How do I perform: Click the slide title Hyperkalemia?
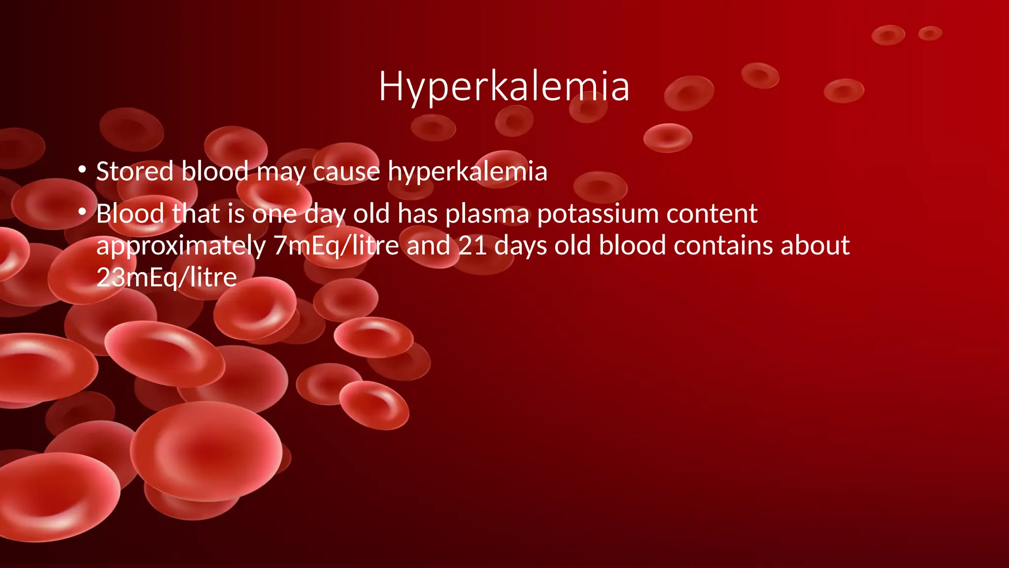tap(504, 87)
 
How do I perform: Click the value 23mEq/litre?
tap(167, 277)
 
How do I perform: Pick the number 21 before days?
tap(472, 246)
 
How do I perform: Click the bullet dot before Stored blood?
tap(82, 170)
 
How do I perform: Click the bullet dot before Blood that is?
tap(82, 213)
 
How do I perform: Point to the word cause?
tap(346, 172)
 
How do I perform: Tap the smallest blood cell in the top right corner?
tap(930, 34)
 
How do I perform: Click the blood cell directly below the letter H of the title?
tap(433, 128)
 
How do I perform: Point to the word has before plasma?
tap(418, 213)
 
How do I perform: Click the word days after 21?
tap(520, 246)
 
